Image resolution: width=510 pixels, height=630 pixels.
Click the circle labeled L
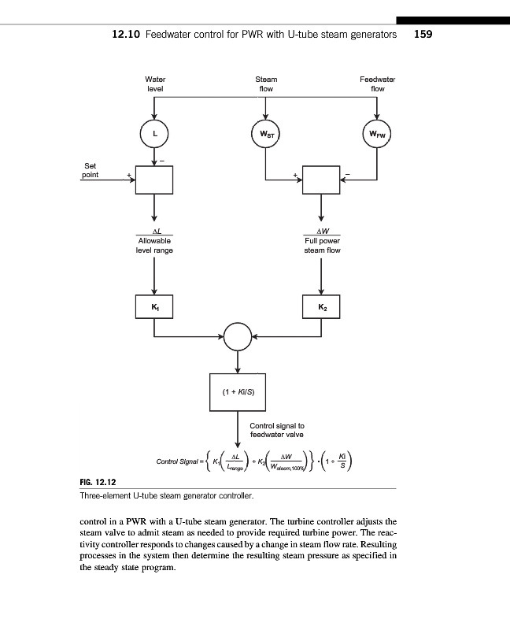coord(154,134)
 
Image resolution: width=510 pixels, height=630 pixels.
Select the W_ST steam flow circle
coord(265,134)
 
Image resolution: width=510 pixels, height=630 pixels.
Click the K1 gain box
coord(154,305)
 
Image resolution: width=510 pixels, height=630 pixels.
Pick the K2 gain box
coord(321,305)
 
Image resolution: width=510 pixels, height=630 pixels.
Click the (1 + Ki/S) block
coord(238,391)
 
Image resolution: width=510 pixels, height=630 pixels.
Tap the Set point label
coord(91,169)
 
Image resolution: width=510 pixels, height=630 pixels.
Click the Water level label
coord(155,84)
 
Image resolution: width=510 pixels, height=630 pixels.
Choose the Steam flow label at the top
coord(266,84)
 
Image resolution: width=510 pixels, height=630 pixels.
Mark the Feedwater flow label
coord(377,84)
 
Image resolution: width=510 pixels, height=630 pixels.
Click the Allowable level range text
coord(154,245)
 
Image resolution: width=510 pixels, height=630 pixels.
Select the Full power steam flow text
coord(321,245)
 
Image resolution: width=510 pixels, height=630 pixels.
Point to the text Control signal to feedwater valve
coord(276,430)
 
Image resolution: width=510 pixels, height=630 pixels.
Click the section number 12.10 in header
coord(127,35)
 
